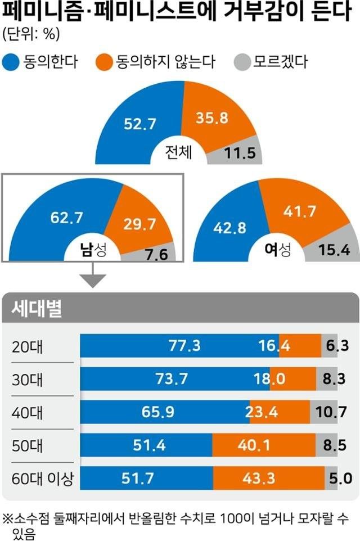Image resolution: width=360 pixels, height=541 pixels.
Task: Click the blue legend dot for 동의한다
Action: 12,61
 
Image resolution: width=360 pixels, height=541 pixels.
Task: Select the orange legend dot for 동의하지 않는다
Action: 104,61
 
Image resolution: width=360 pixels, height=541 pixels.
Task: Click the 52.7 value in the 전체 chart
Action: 140,125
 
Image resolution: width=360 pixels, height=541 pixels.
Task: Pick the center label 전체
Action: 179,152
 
